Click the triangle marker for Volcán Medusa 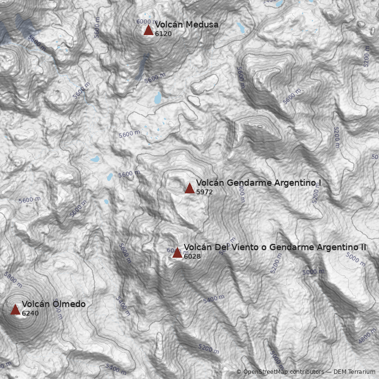148,30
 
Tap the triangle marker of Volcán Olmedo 15,310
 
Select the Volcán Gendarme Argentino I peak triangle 189,188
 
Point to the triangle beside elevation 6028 177,253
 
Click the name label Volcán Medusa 187,25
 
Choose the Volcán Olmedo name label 54,304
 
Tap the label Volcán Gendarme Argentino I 259,183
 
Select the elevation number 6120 163,34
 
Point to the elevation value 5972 205,192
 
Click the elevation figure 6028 192,257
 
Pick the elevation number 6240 30,314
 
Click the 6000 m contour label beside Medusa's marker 145,22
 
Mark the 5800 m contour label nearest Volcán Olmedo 13,279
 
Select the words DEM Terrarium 354,372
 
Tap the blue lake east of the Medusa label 240,28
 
